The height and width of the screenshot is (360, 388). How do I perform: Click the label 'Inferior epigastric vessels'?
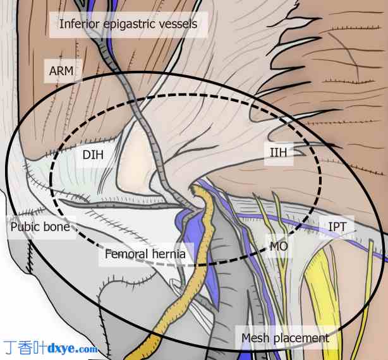point(128,25)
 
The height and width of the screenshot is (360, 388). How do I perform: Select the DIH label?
point(93,153)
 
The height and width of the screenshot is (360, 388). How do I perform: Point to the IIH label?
point(277,152)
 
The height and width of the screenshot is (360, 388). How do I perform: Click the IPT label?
point(337,225)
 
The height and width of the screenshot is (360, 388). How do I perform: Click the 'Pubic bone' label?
point(39,225)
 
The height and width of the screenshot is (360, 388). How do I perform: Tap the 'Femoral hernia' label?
point(145,255)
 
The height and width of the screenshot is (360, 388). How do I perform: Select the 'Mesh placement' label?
point(285,338)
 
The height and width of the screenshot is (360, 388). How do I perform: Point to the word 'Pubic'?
point(24,225)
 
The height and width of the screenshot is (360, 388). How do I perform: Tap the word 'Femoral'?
point(126,255)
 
